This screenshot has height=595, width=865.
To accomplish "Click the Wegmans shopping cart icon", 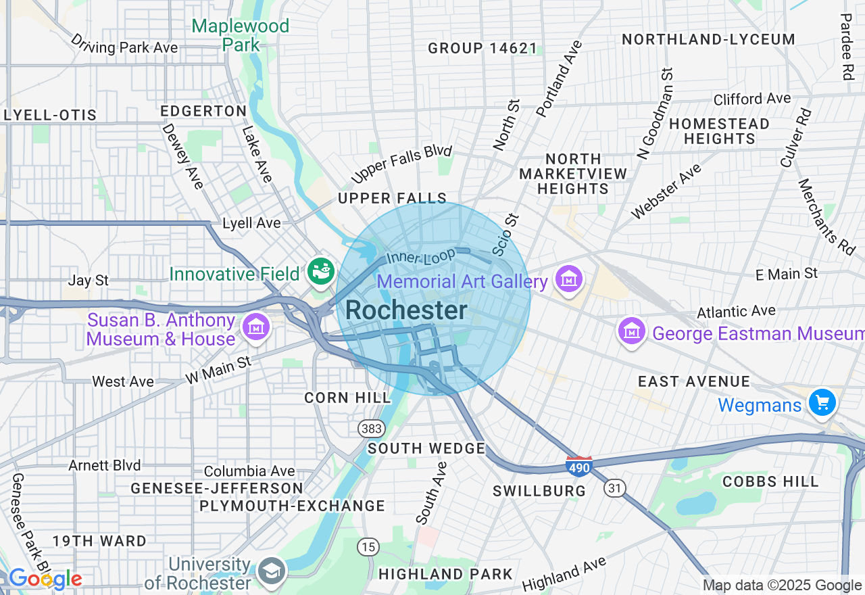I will click(822, 404).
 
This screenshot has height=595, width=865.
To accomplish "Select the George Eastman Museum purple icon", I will click(632, 331).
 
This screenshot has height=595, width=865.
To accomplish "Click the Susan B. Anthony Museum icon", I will click(256, 328).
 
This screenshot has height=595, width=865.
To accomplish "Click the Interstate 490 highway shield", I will click(579, 466).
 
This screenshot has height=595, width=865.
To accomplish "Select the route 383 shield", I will click(372, 429).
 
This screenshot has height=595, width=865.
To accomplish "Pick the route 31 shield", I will click(615, 488).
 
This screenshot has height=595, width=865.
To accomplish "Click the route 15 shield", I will click(368, 547).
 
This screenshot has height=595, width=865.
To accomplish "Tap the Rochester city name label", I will click(406, 311).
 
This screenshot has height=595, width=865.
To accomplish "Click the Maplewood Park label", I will click(240, 35).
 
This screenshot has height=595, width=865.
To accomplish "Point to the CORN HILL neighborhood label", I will click(347, 398).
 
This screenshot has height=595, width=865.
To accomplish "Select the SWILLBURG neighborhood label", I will click(539, 491).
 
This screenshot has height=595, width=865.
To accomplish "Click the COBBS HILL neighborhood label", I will click(770, 481).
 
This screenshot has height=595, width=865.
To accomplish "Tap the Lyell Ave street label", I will click(251, 223).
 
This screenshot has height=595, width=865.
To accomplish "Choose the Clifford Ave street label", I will click(752, 99).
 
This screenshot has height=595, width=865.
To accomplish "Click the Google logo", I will click(45, 579).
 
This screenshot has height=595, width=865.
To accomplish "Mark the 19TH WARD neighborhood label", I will click(99, 541).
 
